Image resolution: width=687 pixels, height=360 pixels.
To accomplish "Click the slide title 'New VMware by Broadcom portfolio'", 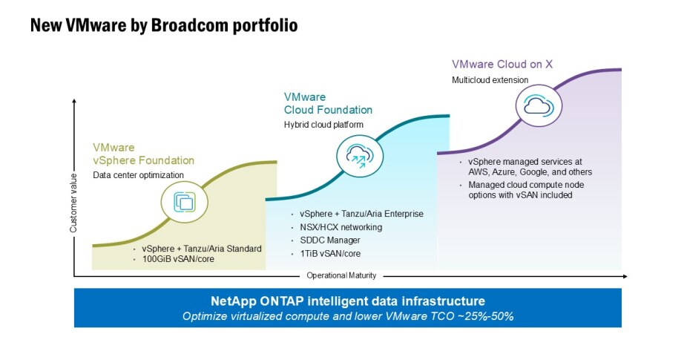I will coord(164,26).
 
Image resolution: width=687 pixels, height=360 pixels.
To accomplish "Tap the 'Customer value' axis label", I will coord(73,209).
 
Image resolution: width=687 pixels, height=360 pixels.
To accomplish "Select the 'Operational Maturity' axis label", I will coord(341,275).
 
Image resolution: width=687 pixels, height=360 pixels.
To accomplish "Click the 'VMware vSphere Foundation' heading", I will coord(143,154).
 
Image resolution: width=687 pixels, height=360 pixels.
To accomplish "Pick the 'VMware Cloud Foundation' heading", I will coord(328,103).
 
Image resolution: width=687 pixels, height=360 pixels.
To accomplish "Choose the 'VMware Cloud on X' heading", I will coord(502,64).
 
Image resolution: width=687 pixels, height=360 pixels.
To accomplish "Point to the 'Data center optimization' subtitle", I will coord(138,175).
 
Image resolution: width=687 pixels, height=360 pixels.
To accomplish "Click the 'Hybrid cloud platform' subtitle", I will coord(323,124).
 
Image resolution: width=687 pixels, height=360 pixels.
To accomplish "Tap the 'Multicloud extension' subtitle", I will coord(490,79).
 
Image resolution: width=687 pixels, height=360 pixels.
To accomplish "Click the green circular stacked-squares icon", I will coord(184,202).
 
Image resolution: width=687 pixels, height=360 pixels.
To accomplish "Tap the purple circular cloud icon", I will coord(536,105).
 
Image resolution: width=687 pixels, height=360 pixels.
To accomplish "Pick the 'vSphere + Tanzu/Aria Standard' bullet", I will coord(202,248).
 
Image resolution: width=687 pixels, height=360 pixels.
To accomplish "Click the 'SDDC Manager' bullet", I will coord(329,240).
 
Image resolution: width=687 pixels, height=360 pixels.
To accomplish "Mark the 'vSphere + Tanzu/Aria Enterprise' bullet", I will coord(361,214).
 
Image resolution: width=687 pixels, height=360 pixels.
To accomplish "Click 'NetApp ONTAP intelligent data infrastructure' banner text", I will coord(347,301).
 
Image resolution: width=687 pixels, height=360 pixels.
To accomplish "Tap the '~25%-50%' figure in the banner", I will coord(487,316).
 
